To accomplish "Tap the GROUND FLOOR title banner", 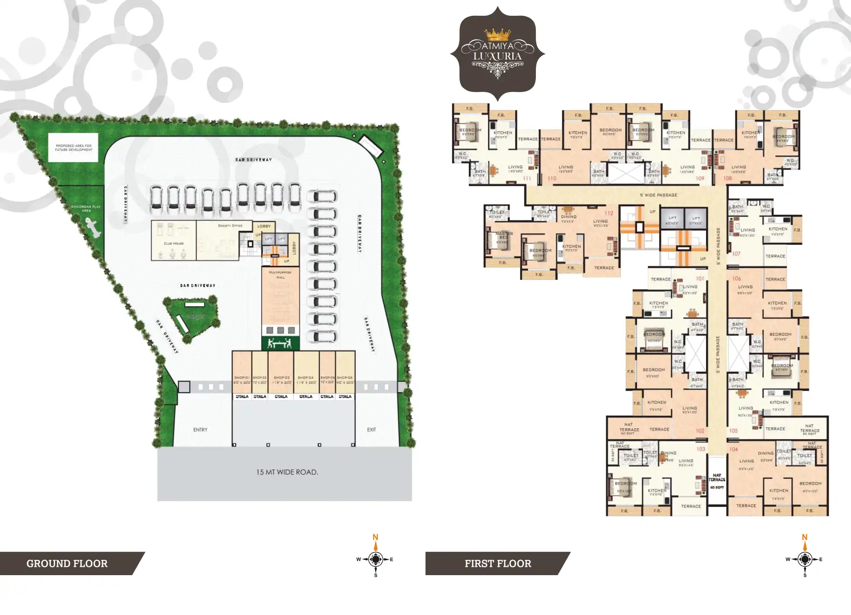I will pyautogui.click(x=67, y=563).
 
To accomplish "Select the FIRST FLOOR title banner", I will pyautogui.click(x=498, y=563).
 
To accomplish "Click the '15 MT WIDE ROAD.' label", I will pyautogui.click(x=287, y=472).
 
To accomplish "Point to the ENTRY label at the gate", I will pyautogui.click(x=200, y=430).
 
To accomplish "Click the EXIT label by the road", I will pyautogui.click(x=372, y=430).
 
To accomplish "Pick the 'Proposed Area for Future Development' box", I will pyautogui.click(x=74, y=148).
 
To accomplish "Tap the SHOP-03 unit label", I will pyautogui.click(x=281, y=378).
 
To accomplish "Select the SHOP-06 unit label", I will pyautogui.click(x=345, y=378).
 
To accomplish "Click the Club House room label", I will pyautogui.click(x=174, y=244).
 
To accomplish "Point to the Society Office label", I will pyautogui.click(x=230, y=226).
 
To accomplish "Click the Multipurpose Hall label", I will pyautogui.click(x=281, y=275).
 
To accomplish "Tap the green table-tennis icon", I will pyautogui.click(x=280, y=343).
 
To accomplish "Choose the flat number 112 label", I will pyautogui.click(x=609, y=213).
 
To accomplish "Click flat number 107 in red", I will pyautogui.click(x=736, y=254).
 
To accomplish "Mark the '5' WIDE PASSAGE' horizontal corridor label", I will pyautogui.click(x=658, y=195).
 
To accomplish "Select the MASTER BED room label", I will pyautogui.click(x=504, y=236).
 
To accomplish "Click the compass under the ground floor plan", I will pyautogui.click(x=376, y=559).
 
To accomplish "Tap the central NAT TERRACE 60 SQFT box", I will pyautogui.click(x=717, y=481).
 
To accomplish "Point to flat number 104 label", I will pyautogui.click(x=734, y=449).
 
